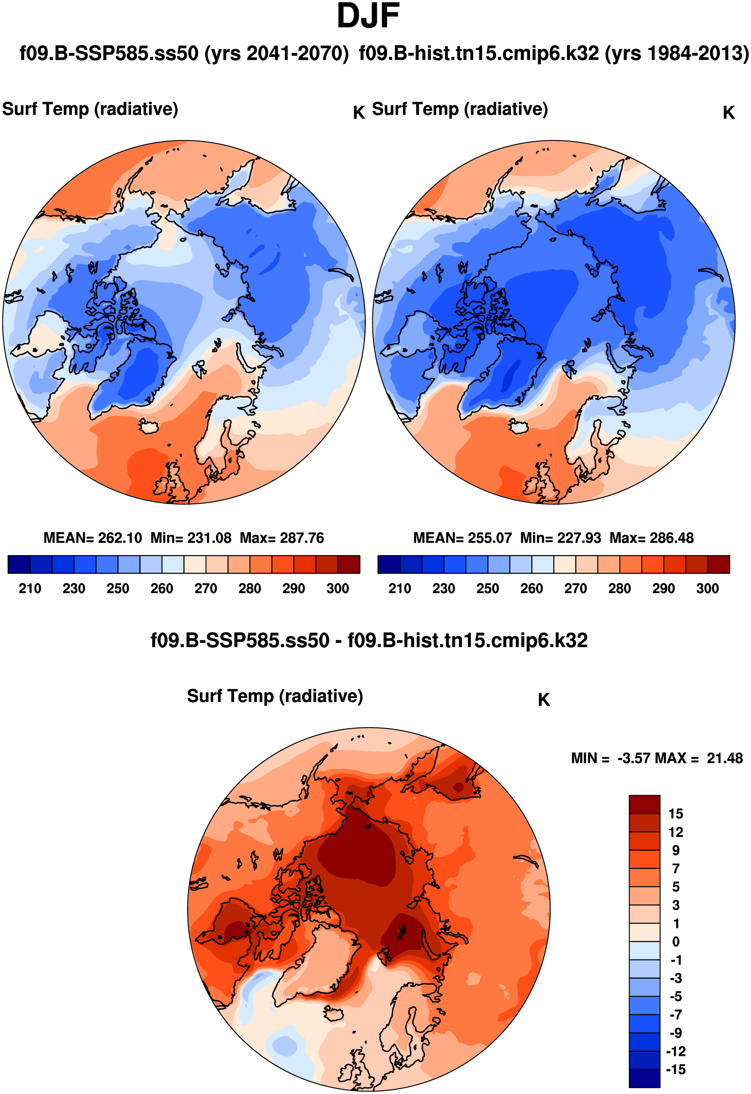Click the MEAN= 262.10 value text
[x=92, y=537]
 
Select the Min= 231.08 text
[x=190, y=537]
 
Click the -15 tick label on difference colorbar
[x=675, y=1069]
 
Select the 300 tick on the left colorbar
[x=338, y=588]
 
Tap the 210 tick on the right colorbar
[x=400, y=588]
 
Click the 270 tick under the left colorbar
[x=206, y=588]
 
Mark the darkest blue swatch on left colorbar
[x=19, y=564]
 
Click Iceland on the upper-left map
[x=149, y=427]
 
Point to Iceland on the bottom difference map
[x=335, y=1014]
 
